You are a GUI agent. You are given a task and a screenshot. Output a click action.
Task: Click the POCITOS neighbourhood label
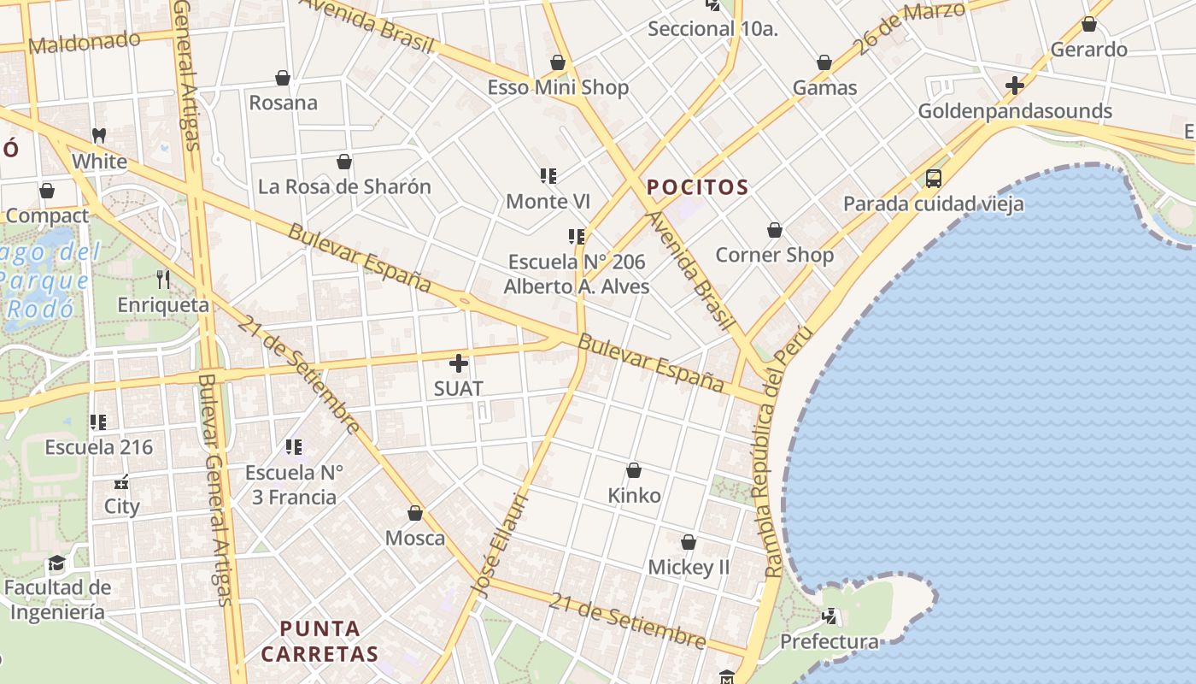pos(697,187)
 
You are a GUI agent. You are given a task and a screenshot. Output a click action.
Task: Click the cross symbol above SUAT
pos(459,363)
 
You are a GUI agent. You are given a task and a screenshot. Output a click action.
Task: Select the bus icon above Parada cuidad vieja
pos(934,179)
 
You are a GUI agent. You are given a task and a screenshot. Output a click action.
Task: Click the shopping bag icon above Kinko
pos(634,470)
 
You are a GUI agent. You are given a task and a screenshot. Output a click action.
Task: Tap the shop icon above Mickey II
pos(689,542)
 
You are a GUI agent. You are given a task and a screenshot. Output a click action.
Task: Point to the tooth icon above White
pos(99,135)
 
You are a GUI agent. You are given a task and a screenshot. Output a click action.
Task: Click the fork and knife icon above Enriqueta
pos(163,279)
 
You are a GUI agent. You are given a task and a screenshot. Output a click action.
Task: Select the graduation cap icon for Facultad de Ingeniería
pos(56,563)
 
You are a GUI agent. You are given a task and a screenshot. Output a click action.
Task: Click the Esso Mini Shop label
pos(558,87)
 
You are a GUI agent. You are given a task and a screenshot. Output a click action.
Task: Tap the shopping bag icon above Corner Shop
pos(775,230)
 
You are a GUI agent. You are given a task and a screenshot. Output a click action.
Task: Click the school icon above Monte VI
pos(548,176)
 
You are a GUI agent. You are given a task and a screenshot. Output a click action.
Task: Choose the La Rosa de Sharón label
pos(344,186)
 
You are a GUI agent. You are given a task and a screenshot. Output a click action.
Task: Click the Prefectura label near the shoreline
pos(829,641)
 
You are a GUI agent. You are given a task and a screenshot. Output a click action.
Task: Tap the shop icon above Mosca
pos(415,513)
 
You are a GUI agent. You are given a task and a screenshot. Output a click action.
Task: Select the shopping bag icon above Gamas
pos(824,62)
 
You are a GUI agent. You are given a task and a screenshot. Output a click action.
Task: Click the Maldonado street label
pos(85,41)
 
